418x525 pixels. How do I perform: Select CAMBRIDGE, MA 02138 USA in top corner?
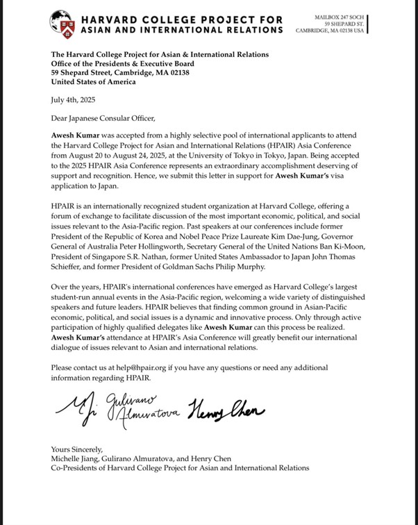[329, 30]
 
